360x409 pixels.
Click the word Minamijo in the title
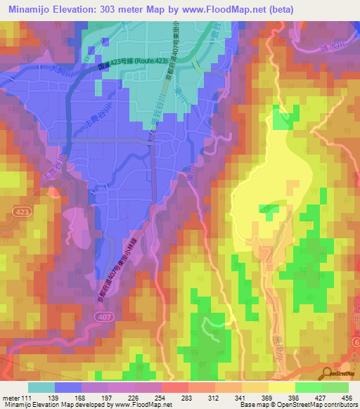[x=34, y=9]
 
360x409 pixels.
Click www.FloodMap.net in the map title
[x=229, y=9]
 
